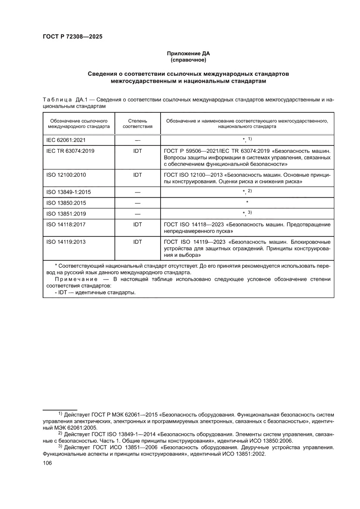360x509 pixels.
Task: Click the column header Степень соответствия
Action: coord(138,123)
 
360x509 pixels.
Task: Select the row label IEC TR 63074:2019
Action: coord(70,151)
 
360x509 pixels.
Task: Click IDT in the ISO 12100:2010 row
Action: coord(138,174)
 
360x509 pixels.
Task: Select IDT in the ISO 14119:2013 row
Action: coord(138,242)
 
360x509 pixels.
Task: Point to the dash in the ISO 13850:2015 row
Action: coord(138,202)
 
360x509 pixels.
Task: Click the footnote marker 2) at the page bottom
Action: coord(61,434)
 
